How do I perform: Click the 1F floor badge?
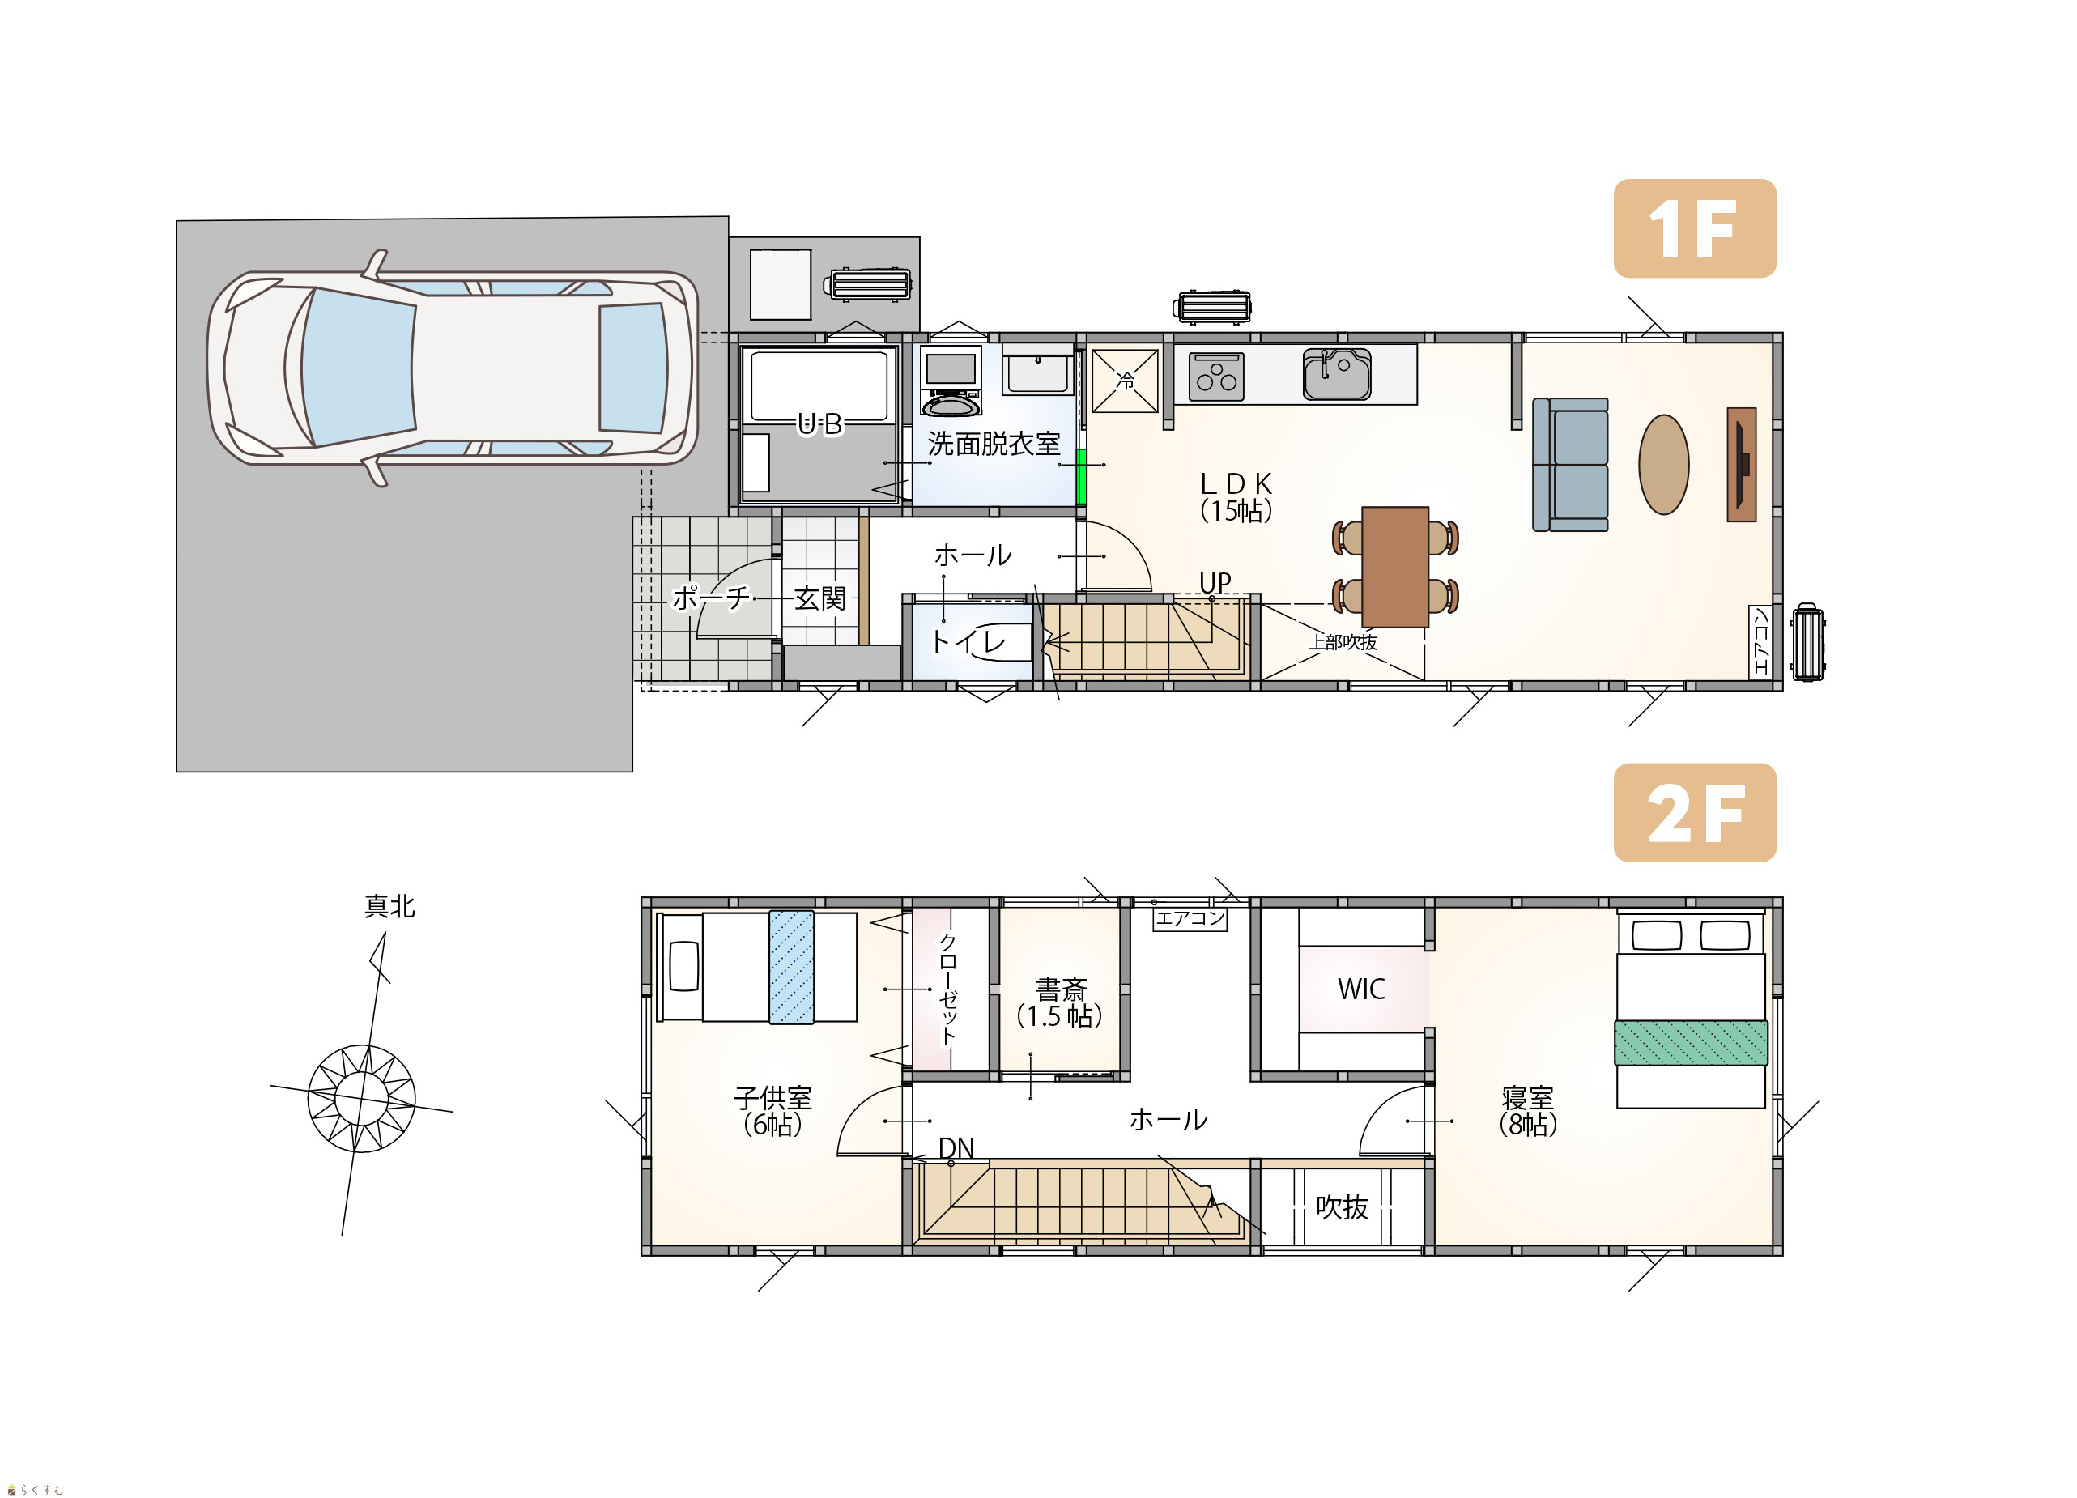(1694, 228)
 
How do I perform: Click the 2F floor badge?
(1694, 812)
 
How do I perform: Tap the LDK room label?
(1236, 497)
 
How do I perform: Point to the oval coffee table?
(1663, 464)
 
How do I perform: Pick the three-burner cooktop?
(1216, 377)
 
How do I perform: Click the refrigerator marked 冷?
(1125, 380)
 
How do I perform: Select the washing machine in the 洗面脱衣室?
(951, 381)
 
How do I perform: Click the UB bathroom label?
(819, 424)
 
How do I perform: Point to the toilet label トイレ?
(967, 641)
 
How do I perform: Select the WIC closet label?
(1361, 989)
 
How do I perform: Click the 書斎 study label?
(1061, 989)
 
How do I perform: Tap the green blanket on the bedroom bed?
(1691, 1042)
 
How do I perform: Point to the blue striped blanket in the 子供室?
(791, 966)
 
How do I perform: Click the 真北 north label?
(390, 906)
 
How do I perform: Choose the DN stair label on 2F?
(956, 1148)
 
